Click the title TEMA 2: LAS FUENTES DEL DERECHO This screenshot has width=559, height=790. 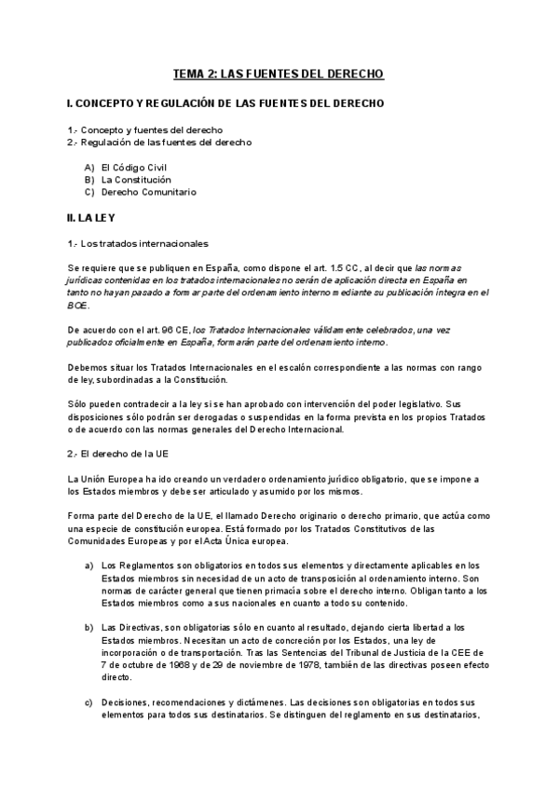pyautogui.click(x=279, y=73)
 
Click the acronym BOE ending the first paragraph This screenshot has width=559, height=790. pyautogui.click(x=77, y=305)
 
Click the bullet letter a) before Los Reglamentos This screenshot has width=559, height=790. pyautogui.click(x=89, y=565)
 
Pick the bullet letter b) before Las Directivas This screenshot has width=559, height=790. pyautogui.click(x=89, y=627)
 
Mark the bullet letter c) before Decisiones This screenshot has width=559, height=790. pyautogui.click(x=89, y=701)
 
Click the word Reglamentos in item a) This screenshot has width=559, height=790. pyautogui.click(x=143, y=565)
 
